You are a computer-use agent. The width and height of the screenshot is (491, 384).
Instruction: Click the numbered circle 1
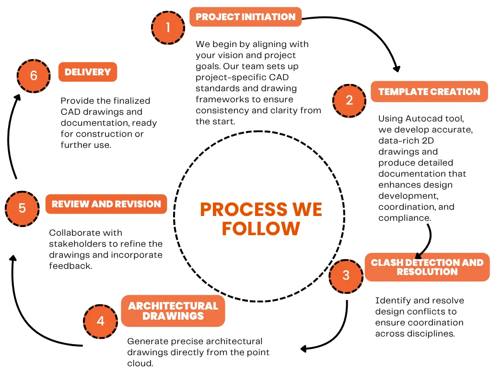tap(168, 27)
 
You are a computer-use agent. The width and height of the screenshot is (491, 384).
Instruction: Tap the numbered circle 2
tap(349, 100)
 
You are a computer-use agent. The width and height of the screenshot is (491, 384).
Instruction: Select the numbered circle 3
tap(346, 276)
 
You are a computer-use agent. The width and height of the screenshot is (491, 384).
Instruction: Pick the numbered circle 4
tap(100, 320)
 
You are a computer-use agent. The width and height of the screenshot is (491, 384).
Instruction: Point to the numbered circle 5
tap(22, 208)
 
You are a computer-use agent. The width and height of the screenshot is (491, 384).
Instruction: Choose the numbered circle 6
tap(33, 76)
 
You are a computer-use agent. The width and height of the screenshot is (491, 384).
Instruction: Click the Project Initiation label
tap(245, 17)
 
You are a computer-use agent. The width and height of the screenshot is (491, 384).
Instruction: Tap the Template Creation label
tap(429, 92)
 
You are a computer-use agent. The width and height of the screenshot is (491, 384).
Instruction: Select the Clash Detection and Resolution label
tap(427, 267)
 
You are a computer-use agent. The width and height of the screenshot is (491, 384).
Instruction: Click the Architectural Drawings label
tap(173, 311)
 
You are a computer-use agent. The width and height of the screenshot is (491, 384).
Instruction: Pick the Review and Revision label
tap(106, 204)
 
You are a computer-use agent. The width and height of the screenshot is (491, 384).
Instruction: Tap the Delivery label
tap(87, 72)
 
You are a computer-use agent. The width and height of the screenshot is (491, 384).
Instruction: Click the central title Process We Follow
tap(261, 219)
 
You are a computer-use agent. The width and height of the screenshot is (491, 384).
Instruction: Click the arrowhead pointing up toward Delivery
tap(18, 97)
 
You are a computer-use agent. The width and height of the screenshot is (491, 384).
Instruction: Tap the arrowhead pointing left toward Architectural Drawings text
tap(304, 348)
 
